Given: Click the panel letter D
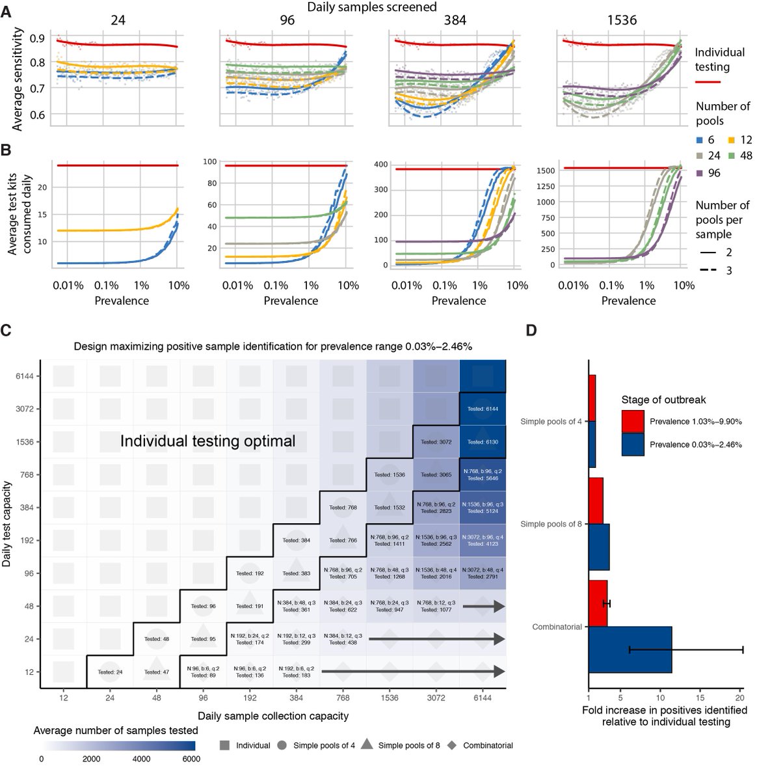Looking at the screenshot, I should coord(531,331).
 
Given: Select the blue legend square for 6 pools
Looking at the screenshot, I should coord(699,140).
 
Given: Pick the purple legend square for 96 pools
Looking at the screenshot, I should coord(699,173).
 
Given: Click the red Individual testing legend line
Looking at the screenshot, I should coord(708,83).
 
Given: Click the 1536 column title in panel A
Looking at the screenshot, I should coord(622,20).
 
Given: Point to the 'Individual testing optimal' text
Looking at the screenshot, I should coord(207,441).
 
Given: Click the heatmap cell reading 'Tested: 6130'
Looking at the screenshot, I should coord(483,442).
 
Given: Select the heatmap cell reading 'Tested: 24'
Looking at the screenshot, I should coord(110,672).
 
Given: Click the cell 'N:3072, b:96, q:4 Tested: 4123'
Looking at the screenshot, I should coord(483,540).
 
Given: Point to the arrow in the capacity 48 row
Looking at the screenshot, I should coord(483,607).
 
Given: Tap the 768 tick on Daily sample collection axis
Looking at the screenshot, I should coord(343,698).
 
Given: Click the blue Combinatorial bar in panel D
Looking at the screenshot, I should coord(630,650).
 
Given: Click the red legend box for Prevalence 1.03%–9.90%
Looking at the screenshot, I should coord(633,421).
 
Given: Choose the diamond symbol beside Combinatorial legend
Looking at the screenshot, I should coord(452,745).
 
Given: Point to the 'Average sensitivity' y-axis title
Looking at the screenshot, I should coord(18,79).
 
